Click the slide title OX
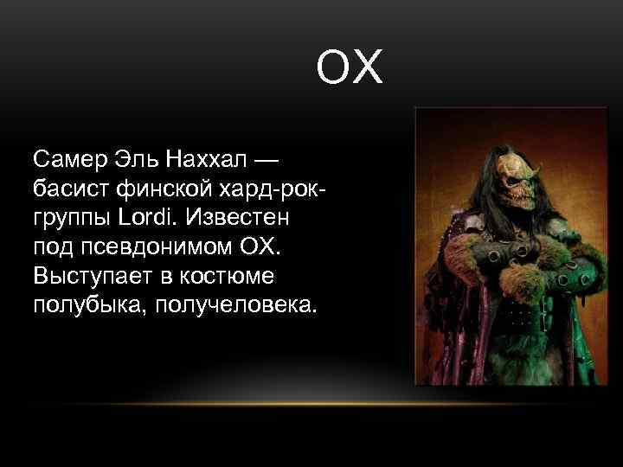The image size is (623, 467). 350,69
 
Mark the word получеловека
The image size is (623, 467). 232,304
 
